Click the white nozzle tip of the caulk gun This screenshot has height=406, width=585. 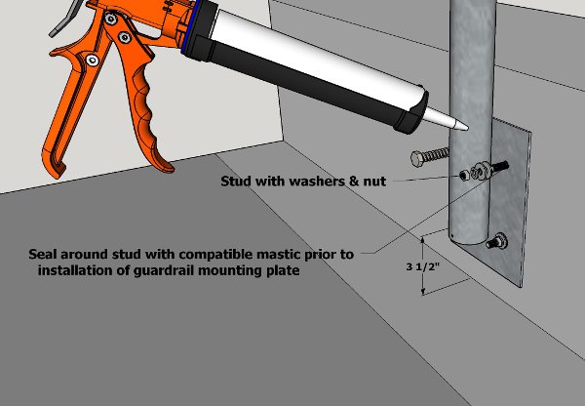(x=446, y=119)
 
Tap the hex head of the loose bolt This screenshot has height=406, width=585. (x=418, y=158)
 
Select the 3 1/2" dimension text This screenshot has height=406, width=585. (x=423, y=266)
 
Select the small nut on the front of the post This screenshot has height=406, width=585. (x=464, y=175)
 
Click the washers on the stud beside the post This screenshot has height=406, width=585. (x=481, y=171)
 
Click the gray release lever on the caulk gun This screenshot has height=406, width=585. (x=69, y=19)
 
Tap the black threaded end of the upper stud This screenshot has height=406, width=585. (x=500, y=165)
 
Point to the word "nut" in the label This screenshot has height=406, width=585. (x=374, y=182)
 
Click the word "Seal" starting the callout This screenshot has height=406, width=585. (x=43, y=255)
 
